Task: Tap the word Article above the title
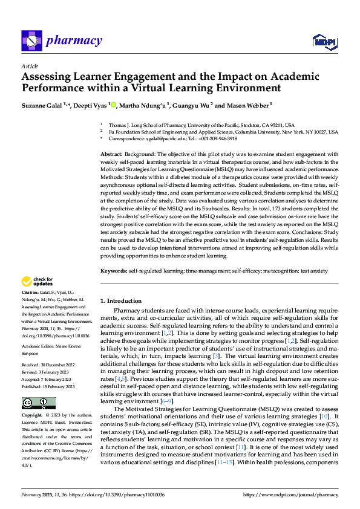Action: (29, 66)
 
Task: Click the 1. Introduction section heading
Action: (121, 300)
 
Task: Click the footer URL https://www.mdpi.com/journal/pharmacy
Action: (290, 494)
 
